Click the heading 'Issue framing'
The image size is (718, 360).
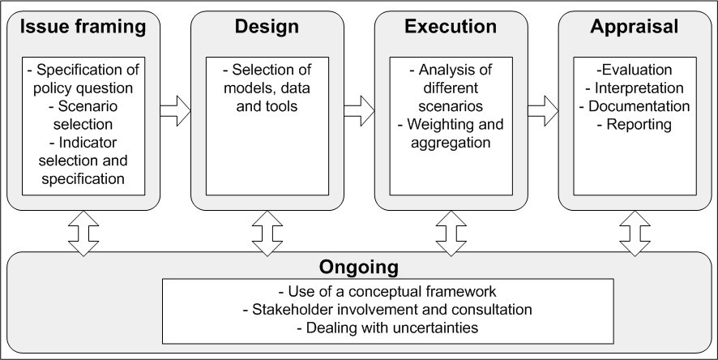(x=83, y=27)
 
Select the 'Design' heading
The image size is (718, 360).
(x=267, y=27)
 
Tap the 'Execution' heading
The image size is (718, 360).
(x=451, y=27)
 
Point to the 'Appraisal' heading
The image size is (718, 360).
(x=634, y=27)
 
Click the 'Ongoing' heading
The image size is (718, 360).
(x=359, y=267)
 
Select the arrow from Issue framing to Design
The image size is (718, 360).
(x=174, y=108)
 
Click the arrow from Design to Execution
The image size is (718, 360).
(x=358, y=108)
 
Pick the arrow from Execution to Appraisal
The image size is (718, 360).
(x=543, y=108)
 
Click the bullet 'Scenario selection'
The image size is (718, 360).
(x=83, y=115)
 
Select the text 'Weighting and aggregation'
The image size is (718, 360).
(x=451, y=134)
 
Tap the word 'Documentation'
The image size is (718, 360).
(x=635, y=106)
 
